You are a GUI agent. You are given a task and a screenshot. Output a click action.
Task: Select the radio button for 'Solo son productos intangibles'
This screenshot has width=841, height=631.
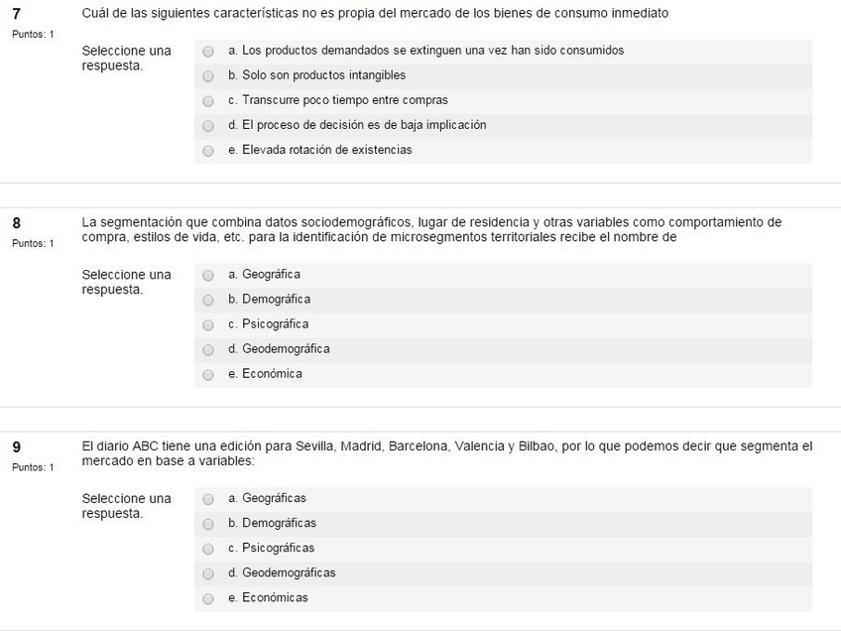coord(208,75)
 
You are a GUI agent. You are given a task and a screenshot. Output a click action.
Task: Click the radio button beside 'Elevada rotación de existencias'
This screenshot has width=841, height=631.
coord(208,151)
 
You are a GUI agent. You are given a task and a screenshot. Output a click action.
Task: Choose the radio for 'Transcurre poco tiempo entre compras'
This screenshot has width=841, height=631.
coord(208,101)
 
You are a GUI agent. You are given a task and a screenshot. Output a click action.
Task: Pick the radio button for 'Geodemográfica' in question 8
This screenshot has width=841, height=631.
coord(208,350)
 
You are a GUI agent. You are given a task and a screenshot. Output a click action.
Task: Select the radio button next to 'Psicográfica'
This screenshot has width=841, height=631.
coord(208,325)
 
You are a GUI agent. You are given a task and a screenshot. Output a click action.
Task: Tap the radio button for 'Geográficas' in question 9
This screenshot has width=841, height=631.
coord(208,499)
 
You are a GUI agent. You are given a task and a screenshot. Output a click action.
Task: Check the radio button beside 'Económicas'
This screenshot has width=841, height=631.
coord(208,599)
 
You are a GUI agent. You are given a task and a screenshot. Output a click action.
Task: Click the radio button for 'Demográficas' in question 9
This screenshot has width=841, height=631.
coord(208,524)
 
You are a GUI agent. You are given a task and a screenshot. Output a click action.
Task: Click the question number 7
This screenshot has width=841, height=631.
coord(16,14)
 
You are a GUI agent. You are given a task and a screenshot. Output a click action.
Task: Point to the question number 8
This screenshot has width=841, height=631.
coord(16,223)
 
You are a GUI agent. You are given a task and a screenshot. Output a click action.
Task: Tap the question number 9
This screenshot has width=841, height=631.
coord(16,447)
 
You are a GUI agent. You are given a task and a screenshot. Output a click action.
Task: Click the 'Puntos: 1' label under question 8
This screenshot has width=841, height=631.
coord(33,243)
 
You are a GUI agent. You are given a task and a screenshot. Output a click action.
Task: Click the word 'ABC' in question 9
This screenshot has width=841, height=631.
coord(144,446)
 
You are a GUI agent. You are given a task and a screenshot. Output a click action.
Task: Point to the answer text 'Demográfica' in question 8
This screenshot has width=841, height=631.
coord(276,299)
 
